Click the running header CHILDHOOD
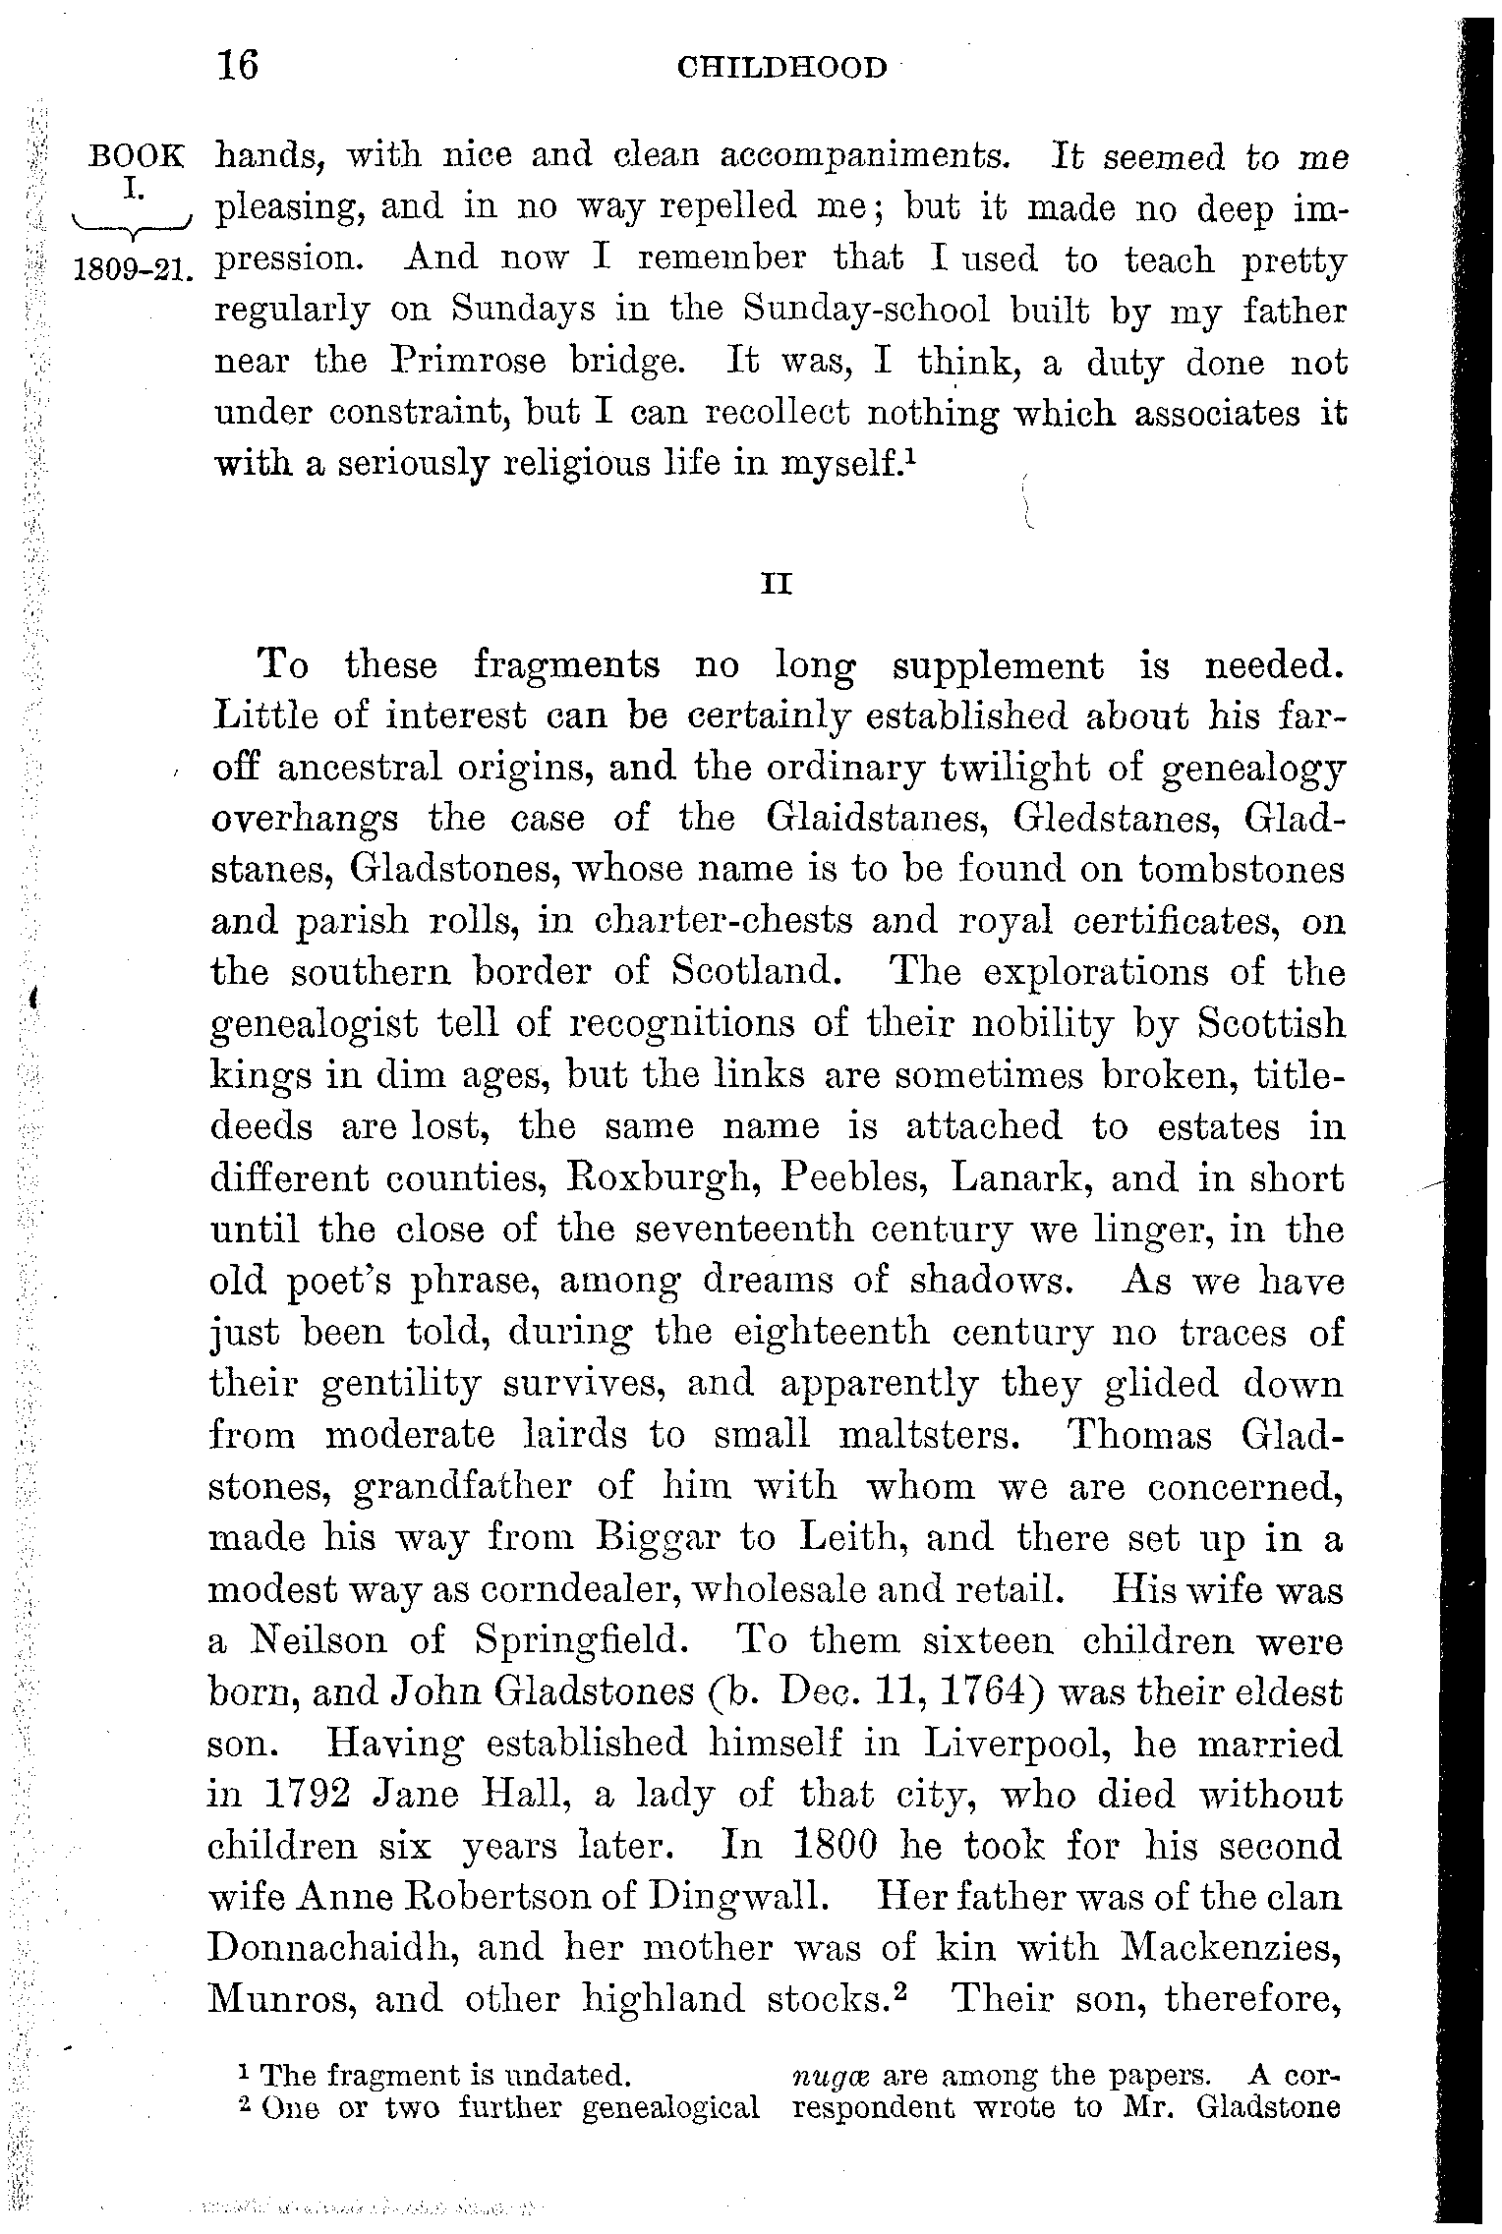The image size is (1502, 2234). [x=781, y=68]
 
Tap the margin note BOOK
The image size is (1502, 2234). [x=136, y=156]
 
